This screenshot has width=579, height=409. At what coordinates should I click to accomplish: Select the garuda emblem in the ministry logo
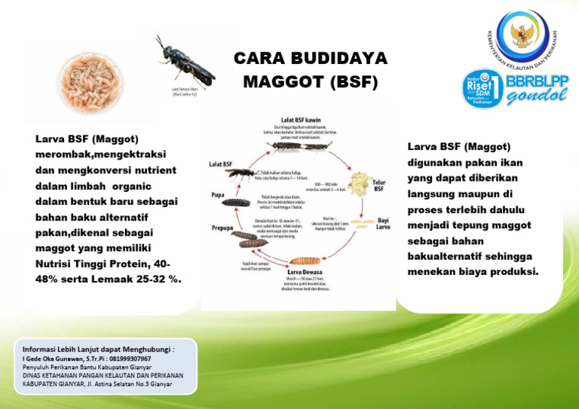522,35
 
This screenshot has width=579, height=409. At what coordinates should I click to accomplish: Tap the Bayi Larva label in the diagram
383,223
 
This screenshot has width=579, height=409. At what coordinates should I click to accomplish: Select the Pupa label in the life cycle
218,194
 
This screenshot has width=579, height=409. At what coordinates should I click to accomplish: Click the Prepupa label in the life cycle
222,227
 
